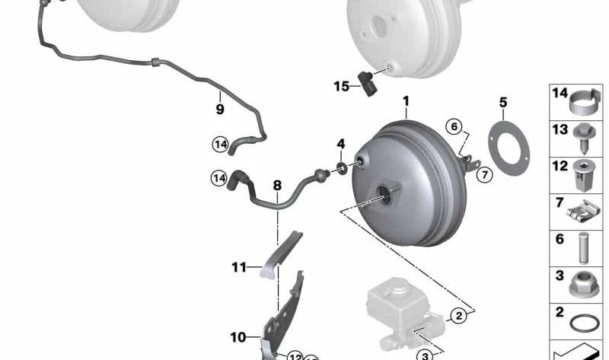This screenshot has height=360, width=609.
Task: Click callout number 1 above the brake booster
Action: [x=406, y=101]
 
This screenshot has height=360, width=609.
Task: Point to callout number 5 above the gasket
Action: [x=502, y=102]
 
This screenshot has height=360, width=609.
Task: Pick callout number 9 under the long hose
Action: [x=220, y=109]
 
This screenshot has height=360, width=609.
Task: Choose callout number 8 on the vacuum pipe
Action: [x=277, y=185]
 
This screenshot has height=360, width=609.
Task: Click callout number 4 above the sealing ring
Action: [x=341, y=143]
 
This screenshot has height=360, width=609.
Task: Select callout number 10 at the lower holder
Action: [x=238, y=336]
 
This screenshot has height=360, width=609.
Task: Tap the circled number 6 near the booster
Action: [x=454, y=127]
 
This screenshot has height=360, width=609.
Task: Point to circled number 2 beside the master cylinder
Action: [x=458, y=314]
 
